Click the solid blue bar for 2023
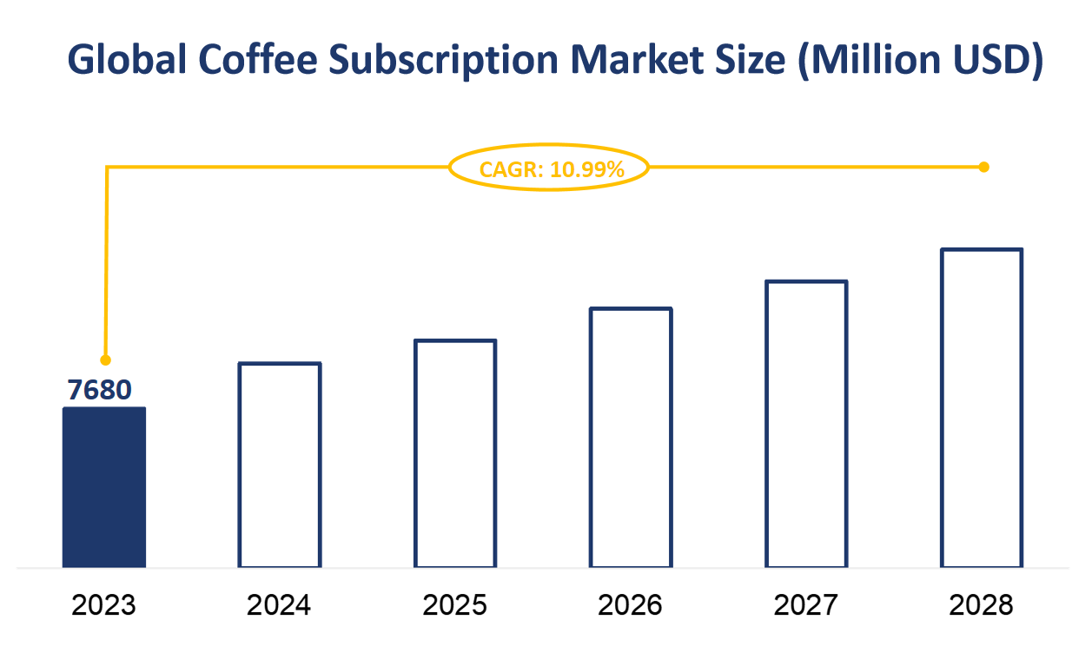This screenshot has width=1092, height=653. (x=103, y=487)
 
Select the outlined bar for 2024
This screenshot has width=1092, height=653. (x=280, y=465)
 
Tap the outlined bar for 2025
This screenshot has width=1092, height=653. (x=455, y=453)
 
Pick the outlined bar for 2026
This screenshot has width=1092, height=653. (x=631, y=438)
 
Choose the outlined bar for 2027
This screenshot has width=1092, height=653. (x=806, y=424)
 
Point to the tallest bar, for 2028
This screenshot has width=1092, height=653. (x=982, y=408)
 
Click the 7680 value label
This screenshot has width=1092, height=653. (x=100, y=391)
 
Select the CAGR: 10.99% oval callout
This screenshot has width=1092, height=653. (x=549, y=169)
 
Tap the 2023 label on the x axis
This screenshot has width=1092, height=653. (x=103, y=604)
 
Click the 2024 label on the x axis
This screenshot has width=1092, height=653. (x=279, y=604)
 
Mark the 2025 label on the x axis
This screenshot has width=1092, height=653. (x=455, y=604)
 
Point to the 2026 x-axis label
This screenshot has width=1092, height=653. (x=631, y=604)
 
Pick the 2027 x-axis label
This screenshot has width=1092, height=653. (x=806, y=604)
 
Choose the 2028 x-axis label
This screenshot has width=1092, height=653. (x=982, y=604)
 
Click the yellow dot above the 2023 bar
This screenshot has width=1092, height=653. (x=106, y=359)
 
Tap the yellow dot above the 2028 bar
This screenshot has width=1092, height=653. (x=983, y=167)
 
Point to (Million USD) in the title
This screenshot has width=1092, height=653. (x=919, y=61)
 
